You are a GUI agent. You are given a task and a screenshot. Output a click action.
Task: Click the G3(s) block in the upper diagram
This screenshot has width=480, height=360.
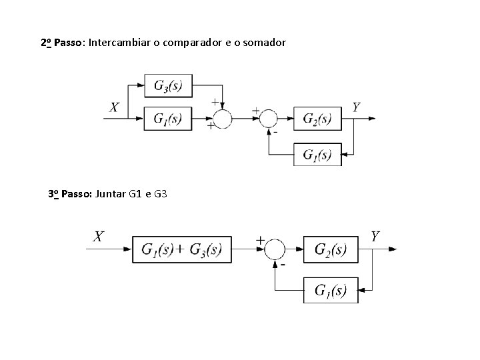[x=168, y=86]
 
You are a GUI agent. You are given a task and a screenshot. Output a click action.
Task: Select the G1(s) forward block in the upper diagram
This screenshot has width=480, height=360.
[x=168, y=119]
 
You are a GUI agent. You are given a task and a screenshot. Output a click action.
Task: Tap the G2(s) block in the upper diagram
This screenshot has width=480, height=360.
[x=317, y=119]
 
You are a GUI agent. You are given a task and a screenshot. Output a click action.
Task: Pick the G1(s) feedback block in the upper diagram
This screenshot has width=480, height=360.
[x=317, y=155]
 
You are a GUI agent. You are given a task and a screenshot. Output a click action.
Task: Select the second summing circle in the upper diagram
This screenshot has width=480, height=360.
[x=268, y=119]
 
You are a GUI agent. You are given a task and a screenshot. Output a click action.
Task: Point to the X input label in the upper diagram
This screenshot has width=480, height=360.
[x=115, y=107]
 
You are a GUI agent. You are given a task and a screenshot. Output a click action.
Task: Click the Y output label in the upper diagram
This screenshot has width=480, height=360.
[x=357, y=107]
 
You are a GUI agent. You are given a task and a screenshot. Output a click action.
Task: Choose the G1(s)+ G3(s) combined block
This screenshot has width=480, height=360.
[x=181, y=250]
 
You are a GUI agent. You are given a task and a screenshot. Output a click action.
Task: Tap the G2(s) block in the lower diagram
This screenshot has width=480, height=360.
[x=330, y=250]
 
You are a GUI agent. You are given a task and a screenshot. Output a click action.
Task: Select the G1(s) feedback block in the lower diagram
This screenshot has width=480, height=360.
[x=330, y=290]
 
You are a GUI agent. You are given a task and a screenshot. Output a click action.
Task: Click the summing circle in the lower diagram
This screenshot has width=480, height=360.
[x=275, y=250]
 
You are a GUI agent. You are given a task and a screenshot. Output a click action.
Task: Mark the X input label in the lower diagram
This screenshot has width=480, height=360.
[x=98, y=236]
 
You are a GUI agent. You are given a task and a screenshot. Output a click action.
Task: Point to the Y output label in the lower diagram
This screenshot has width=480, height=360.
[x=376, y=236]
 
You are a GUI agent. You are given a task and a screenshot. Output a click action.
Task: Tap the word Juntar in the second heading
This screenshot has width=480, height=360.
[x=111, y=195]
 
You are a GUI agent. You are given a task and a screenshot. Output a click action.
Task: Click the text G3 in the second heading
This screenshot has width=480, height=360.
[x=160, y=195]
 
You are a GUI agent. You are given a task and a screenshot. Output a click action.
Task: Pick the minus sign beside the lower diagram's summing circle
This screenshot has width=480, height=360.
[x=284, y=265]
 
